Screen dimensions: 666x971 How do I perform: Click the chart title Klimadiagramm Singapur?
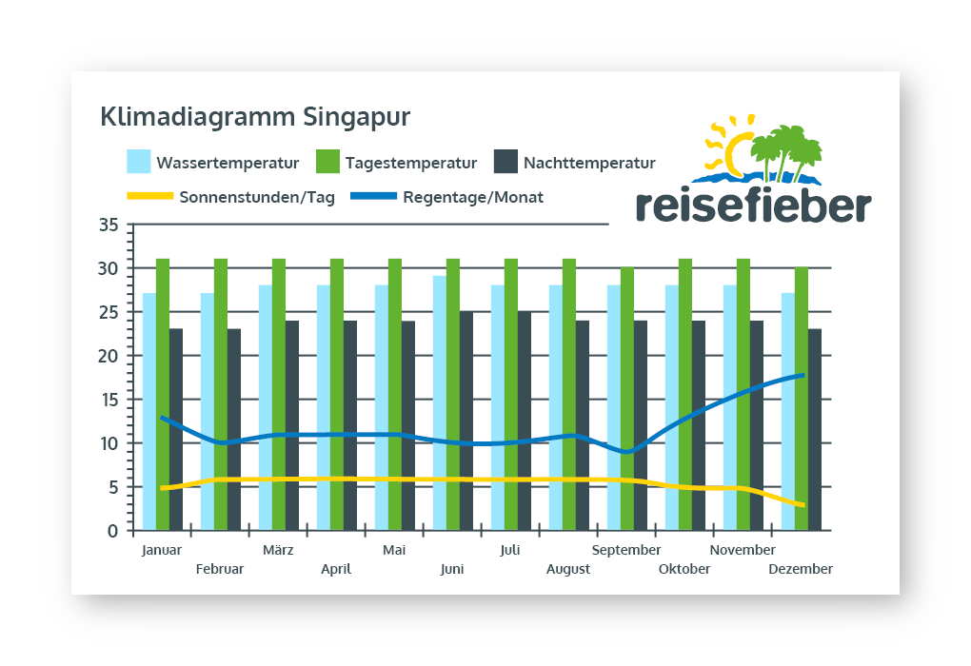(x=255, y=117)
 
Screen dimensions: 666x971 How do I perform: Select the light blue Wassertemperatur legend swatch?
(x=139, y=161)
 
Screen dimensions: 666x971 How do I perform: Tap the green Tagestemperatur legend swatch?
(x=327, y=161)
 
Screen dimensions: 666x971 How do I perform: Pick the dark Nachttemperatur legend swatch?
(x=505, y=161)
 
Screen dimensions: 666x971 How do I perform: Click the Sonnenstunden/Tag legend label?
(x=257, y=198)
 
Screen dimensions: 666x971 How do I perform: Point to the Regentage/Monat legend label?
(x=473, y=198)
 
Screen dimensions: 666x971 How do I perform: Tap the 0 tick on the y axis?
(x=112, y=531)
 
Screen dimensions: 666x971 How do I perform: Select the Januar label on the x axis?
(x=161, y=550)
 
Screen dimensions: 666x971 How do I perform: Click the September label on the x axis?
(x=626, y=550)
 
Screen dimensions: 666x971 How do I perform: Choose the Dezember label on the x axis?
(x=800, y=569)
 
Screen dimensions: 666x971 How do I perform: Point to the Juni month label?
(x=452, y=569)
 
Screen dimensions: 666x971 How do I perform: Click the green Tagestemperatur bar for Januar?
(x=163, y=395)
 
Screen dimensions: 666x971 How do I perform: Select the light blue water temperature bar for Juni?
(x=440, y=403)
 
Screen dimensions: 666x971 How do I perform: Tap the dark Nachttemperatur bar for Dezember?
(x=815, y=430)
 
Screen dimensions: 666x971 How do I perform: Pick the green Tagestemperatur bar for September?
(x=627, y=400)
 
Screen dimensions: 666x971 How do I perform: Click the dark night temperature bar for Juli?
(x=525, y=421)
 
